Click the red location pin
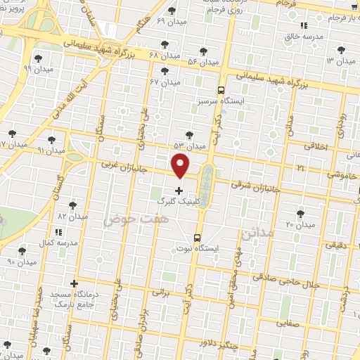[181, 165]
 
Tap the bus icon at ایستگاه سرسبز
[221, 90]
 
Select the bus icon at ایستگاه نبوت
[197, 237]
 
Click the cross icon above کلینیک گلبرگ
[179, 191]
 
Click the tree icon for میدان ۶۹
[172, 11]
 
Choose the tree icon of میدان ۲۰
[301, 212]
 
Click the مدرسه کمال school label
[56, 242]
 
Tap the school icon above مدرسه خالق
[304, 25]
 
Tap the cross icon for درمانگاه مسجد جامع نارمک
[74, 283]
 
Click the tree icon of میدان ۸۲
[72, 205]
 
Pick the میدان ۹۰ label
[21, 262]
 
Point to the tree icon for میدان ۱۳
[341, 49]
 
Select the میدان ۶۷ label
[165, 82]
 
